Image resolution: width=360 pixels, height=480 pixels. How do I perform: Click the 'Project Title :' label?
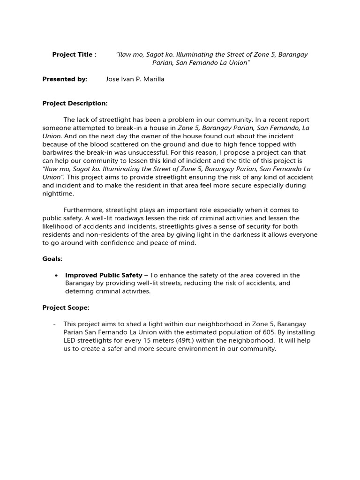click(74, 54)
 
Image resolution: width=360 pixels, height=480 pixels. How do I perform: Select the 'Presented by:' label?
click(65, 79)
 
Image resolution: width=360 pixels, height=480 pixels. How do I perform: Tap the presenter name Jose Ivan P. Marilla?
click(135, 79)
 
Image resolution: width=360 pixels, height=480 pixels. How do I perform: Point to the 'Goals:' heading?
click(52, 259)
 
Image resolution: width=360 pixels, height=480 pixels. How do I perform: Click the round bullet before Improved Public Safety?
click(56, 275)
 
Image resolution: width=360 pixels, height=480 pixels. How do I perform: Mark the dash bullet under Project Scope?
click(55, 324)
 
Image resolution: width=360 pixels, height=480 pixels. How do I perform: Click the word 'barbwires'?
click(58, 152)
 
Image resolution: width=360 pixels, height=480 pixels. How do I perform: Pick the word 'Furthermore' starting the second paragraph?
click(83, 210)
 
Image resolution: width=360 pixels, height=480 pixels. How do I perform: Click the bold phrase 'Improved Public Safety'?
click(104, 275)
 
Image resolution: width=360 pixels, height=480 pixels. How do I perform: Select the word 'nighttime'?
click(58, 194)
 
